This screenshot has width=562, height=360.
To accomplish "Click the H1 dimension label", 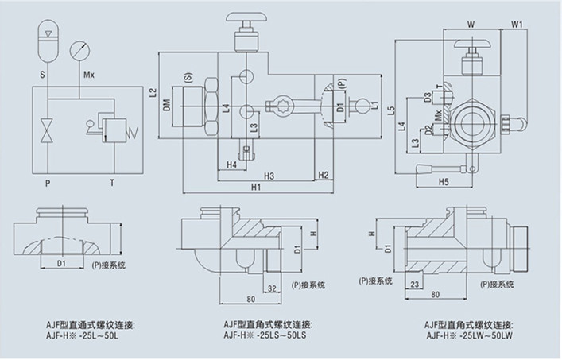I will coord(255,188).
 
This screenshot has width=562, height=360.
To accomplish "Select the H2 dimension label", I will coord(324,174).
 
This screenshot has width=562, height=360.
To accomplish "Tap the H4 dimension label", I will coord(231,165).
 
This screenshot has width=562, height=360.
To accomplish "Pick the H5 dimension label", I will coord(444,182).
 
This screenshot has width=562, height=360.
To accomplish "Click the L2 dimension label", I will coord(153,92).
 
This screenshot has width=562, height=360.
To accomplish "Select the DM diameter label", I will coord(167,106).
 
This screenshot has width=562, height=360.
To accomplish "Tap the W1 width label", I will coord(517,24).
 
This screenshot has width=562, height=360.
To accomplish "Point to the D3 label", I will coord(428,98).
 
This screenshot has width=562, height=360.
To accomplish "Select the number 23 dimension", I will coord(416,284).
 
